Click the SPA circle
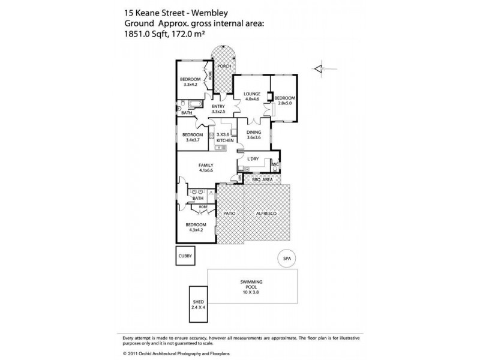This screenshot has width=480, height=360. click(x=286, y=258)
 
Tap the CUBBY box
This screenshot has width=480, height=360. click(x=185, y=256)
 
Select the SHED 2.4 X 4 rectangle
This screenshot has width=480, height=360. click(x=198, y=306)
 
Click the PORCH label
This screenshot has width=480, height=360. click(x=224, y=66)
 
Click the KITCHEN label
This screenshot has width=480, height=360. click(x=224, y=140)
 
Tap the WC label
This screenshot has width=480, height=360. click(x=275, y=163)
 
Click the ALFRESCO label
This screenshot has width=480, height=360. click(x=266, y=212)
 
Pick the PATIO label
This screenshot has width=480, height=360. click(x=229, y=212)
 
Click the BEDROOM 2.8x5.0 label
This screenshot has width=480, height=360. click(x=286, y=100)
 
